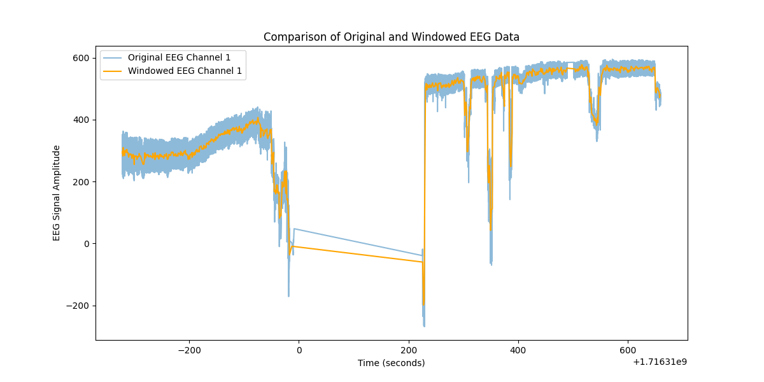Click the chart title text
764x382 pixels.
tap(392, 37)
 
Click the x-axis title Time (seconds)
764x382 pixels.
tap(391, 363)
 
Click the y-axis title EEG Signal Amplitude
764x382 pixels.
tap(57, 193)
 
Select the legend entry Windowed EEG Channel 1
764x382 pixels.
tap(185, 71)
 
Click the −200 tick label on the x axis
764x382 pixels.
tap(188, 350)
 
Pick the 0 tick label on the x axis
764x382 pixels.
tap(299, 350)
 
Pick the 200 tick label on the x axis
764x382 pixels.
tap(408, 350)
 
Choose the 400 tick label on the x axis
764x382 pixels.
tap(518, 350)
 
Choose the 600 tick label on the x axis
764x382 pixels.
tap(628, 350)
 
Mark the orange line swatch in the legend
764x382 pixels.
tap(113, 71)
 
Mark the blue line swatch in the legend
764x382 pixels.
tap(113, 58)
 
